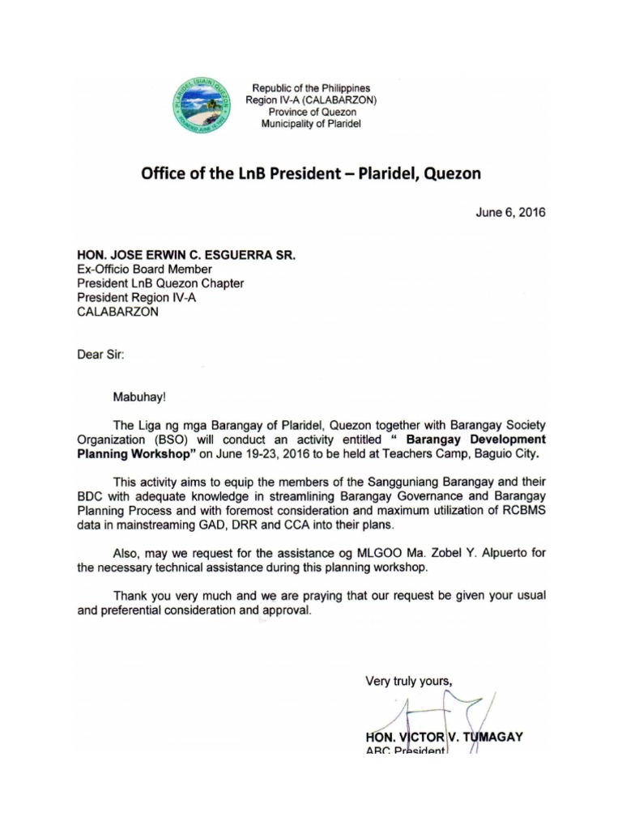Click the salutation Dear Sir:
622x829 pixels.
[101, 354]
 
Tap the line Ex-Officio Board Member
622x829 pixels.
[144, 269]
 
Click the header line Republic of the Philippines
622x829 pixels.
[311, 87]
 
